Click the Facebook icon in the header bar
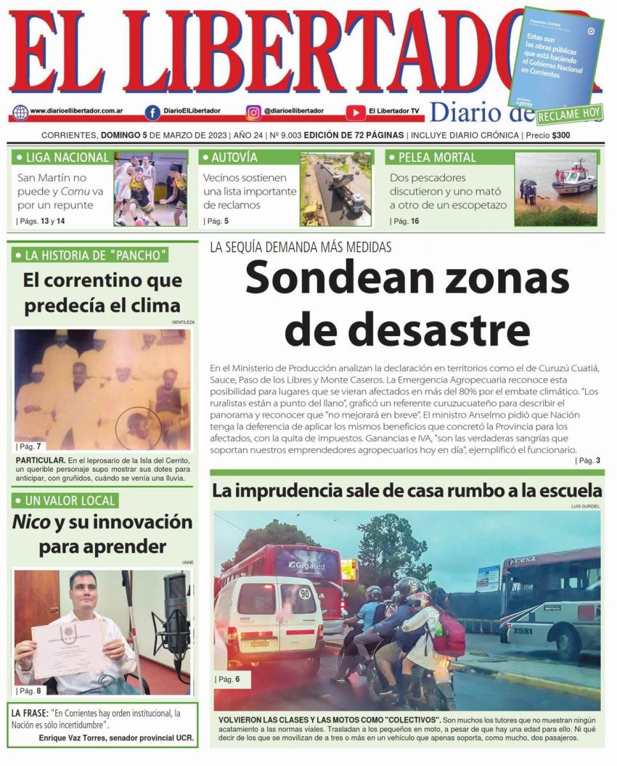(x=152, y=113)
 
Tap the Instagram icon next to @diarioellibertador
(x=253, y=113)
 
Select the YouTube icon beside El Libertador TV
(x=355, y=113)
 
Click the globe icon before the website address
(x=20, y=113)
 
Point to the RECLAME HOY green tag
(x=570, y=114)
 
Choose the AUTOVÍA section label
(x=234, y=158)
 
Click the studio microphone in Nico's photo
(x=175, y=610)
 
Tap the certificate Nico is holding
(x=69, y=646)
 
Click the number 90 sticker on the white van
(x=305, y=592)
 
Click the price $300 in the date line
(x=561, y=136)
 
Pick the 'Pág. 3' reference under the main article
(x=587, y=460)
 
